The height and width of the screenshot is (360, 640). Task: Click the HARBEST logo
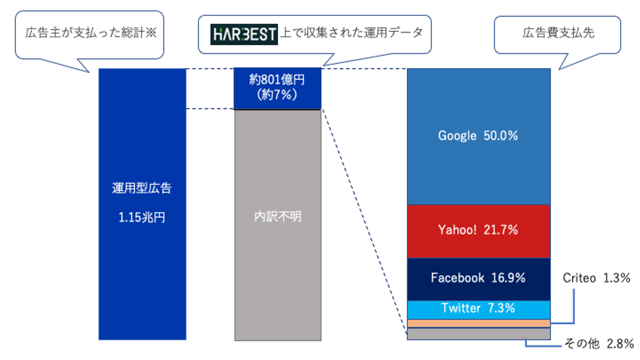pos(244,34)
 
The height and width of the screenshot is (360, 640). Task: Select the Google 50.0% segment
pos(479,136)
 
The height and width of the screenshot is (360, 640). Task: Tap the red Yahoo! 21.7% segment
pos(479,232)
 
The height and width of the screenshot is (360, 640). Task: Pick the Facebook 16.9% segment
pos(479,279)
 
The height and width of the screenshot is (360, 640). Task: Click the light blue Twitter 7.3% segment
pos(479,310)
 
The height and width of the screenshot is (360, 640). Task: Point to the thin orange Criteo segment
pos(479,324)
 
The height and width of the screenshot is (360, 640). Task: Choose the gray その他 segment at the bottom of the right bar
pos(479,334)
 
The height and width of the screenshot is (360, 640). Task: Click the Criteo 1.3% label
pos(596,278)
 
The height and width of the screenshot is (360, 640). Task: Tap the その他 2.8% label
pos(599,344)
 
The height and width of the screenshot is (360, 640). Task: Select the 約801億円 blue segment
pos(277,88)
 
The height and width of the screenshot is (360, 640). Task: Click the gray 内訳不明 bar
pos(278,225)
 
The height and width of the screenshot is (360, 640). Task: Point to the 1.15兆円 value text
pos(142,218)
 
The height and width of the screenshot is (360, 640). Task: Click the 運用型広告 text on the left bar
pos(142,188)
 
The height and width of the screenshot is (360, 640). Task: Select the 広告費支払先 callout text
pos(559,33)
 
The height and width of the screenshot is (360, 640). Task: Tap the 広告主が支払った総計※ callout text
pos(91,32)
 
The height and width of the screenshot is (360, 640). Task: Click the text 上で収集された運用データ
pos(352,32)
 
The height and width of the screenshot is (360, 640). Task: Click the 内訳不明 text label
pos(278,217)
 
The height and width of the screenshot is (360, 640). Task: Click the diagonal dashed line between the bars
pos(364,222)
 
